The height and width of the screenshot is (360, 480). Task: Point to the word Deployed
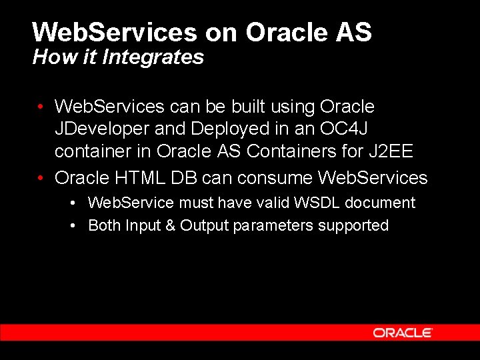click(221, 129)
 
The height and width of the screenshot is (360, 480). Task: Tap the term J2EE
click(391, 152)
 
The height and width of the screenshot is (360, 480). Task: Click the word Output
click(205, 225)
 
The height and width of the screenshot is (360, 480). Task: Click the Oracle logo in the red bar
click(403, 333)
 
